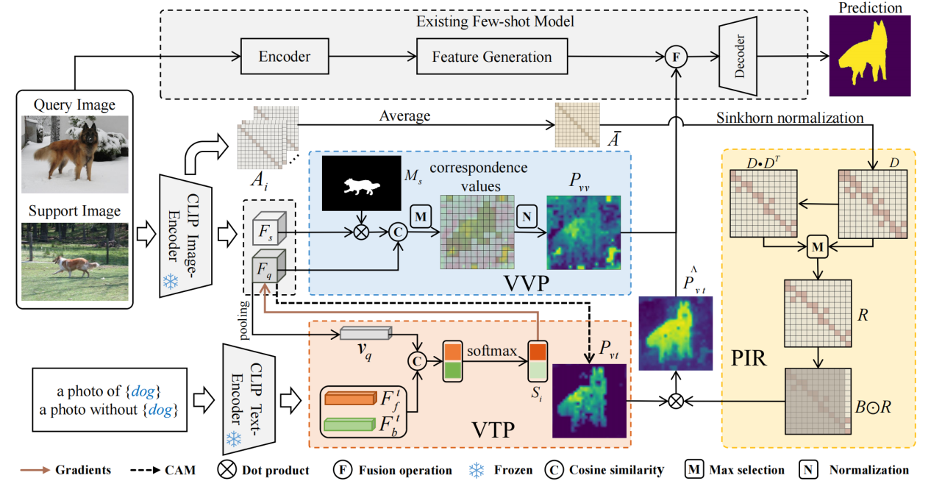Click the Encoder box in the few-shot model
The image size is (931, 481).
coord(284,57)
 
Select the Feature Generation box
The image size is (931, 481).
coord(491,57)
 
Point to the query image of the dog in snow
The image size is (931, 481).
coord(75,154)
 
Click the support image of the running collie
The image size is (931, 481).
coord(75,261)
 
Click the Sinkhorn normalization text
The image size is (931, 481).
coord(790,117)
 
